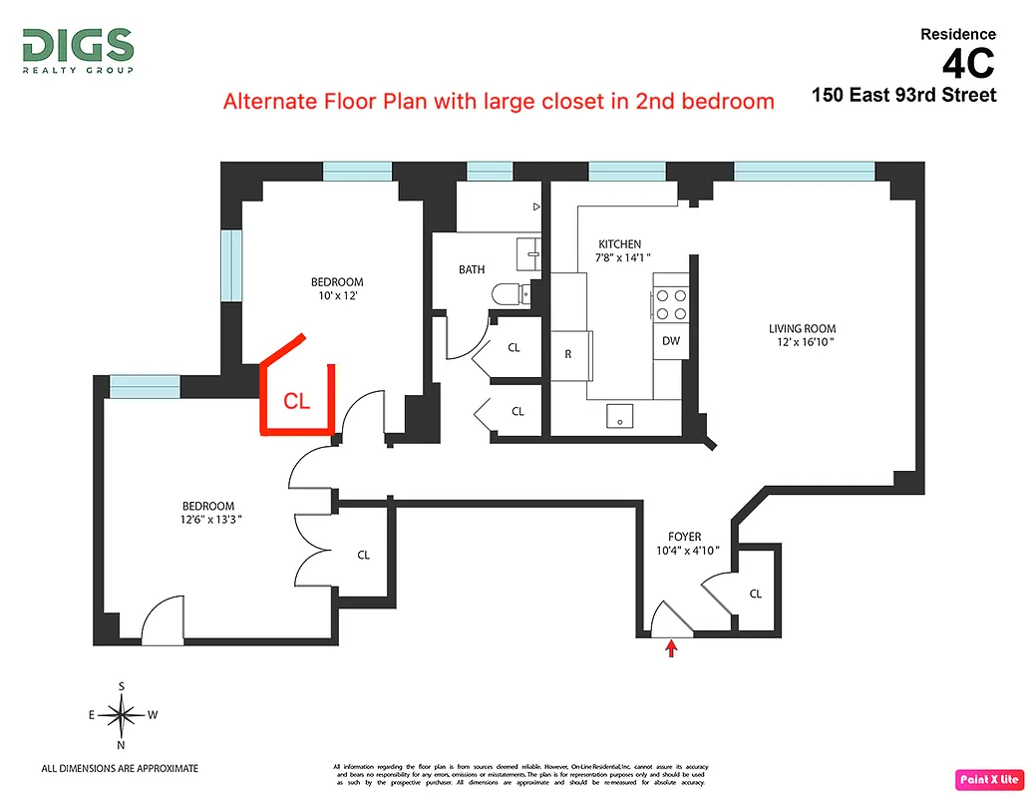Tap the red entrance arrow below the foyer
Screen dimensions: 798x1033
pyautogui.click(x=671, y=649)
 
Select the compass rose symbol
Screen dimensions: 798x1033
pyautogui.click(x=122, y=714)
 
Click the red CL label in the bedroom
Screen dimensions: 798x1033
pyautogui.click(x=297, y=401)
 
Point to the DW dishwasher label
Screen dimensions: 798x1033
pyautogui.click(x=671, y=341)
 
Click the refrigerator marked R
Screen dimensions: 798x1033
pyautogui.click(x=569, y=353)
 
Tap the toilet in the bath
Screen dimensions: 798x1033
pyautogui.click(x=512, y=294)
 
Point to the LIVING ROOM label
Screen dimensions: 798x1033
pyautogui.click(x=802, y=328)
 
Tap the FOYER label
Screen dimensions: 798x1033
pyautogui.click(x=685, y=537)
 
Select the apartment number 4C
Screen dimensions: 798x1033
pyautogui.click(x=967, y=64)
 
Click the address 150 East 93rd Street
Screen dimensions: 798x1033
pyautogui.click(x=903, y=96)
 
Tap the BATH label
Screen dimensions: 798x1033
pyautogui.click(x=472, y=269)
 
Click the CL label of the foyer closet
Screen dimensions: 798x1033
pyautogui.click(x=755, y=594)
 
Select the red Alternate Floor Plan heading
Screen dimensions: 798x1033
pyautogui.click(x=498, y=101)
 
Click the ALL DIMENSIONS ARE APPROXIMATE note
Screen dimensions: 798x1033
pyautogui.click(x=120, y=768)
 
